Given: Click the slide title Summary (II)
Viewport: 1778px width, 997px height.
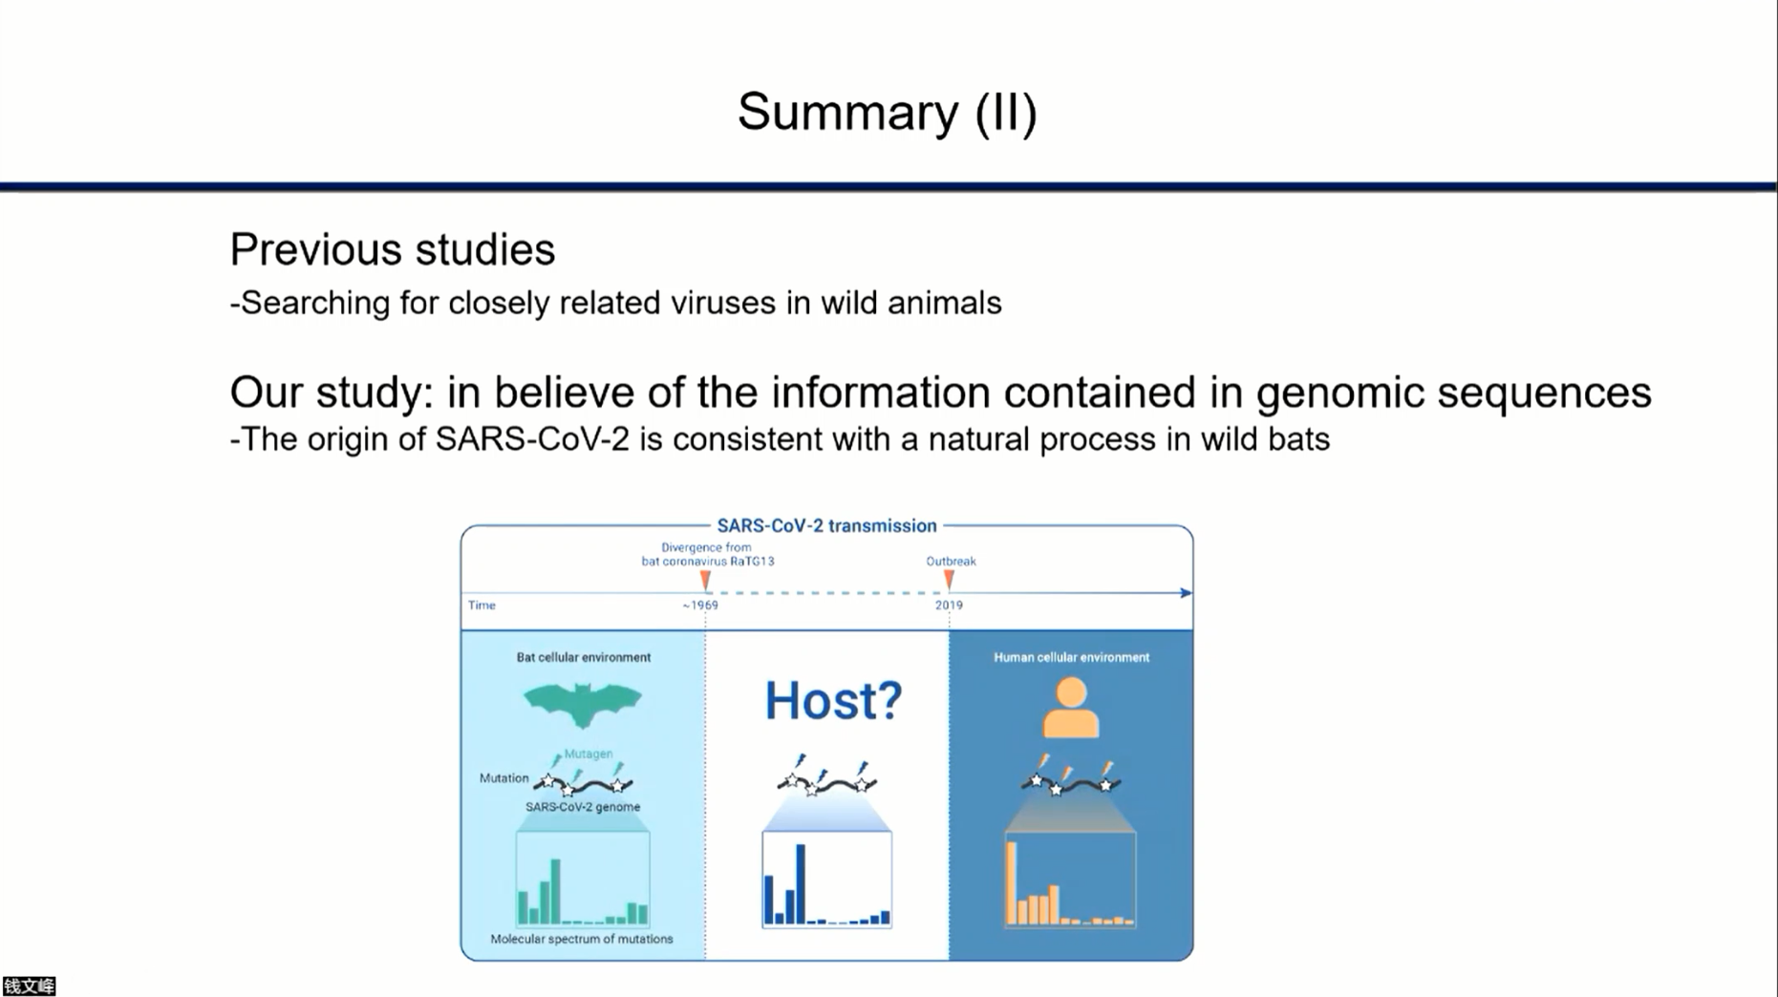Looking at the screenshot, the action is coord(887,113).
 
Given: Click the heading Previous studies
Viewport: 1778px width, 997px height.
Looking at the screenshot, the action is coord(392,250).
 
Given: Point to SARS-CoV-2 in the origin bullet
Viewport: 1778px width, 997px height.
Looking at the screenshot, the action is coord(532,439).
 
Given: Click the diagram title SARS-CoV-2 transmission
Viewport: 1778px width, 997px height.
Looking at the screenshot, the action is coord(826,526).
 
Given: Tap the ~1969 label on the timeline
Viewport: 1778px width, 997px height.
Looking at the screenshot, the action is coord(700,605).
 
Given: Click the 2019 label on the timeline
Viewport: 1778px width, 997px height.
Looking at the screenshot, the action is coord(949,605).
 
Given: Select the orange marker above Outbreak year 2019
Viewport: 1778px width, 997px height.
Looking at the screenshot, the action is coord(949,580).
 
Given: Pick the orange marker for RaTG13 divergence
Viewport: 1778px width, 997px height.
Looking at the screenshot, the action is coord(705,580).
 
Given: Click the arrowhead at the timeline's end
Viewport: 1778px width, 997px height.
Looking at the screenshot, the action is coord(1186,593).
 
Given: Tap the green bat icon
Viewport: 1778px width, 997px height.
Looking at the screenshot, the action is coord(582,705).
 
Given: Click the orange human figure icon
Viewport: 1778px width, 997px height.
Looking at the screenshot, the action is coord(1070,708).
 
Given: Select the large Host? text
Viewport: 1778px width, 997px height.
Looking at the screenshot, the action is coord(833,701).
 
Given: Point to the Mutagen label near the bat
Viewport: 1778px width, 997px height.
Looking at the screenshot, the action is coord(588,753).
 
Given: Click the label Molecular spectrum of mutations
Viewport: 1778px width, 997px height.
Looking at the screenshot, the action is coord(582,939).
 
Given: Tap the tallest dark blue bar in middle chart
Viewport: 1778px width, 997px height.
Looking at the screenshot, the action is coord(801,883).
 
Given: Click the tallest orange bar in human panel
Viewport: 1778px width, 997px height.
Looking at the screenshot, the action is coord(1011,882).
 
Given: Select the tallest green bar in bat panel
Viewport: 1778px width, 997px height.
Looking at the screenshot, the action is coord(555,892).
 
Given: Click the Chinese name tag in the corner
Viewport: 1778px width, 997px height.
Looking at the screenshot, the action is coord(29,986).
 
